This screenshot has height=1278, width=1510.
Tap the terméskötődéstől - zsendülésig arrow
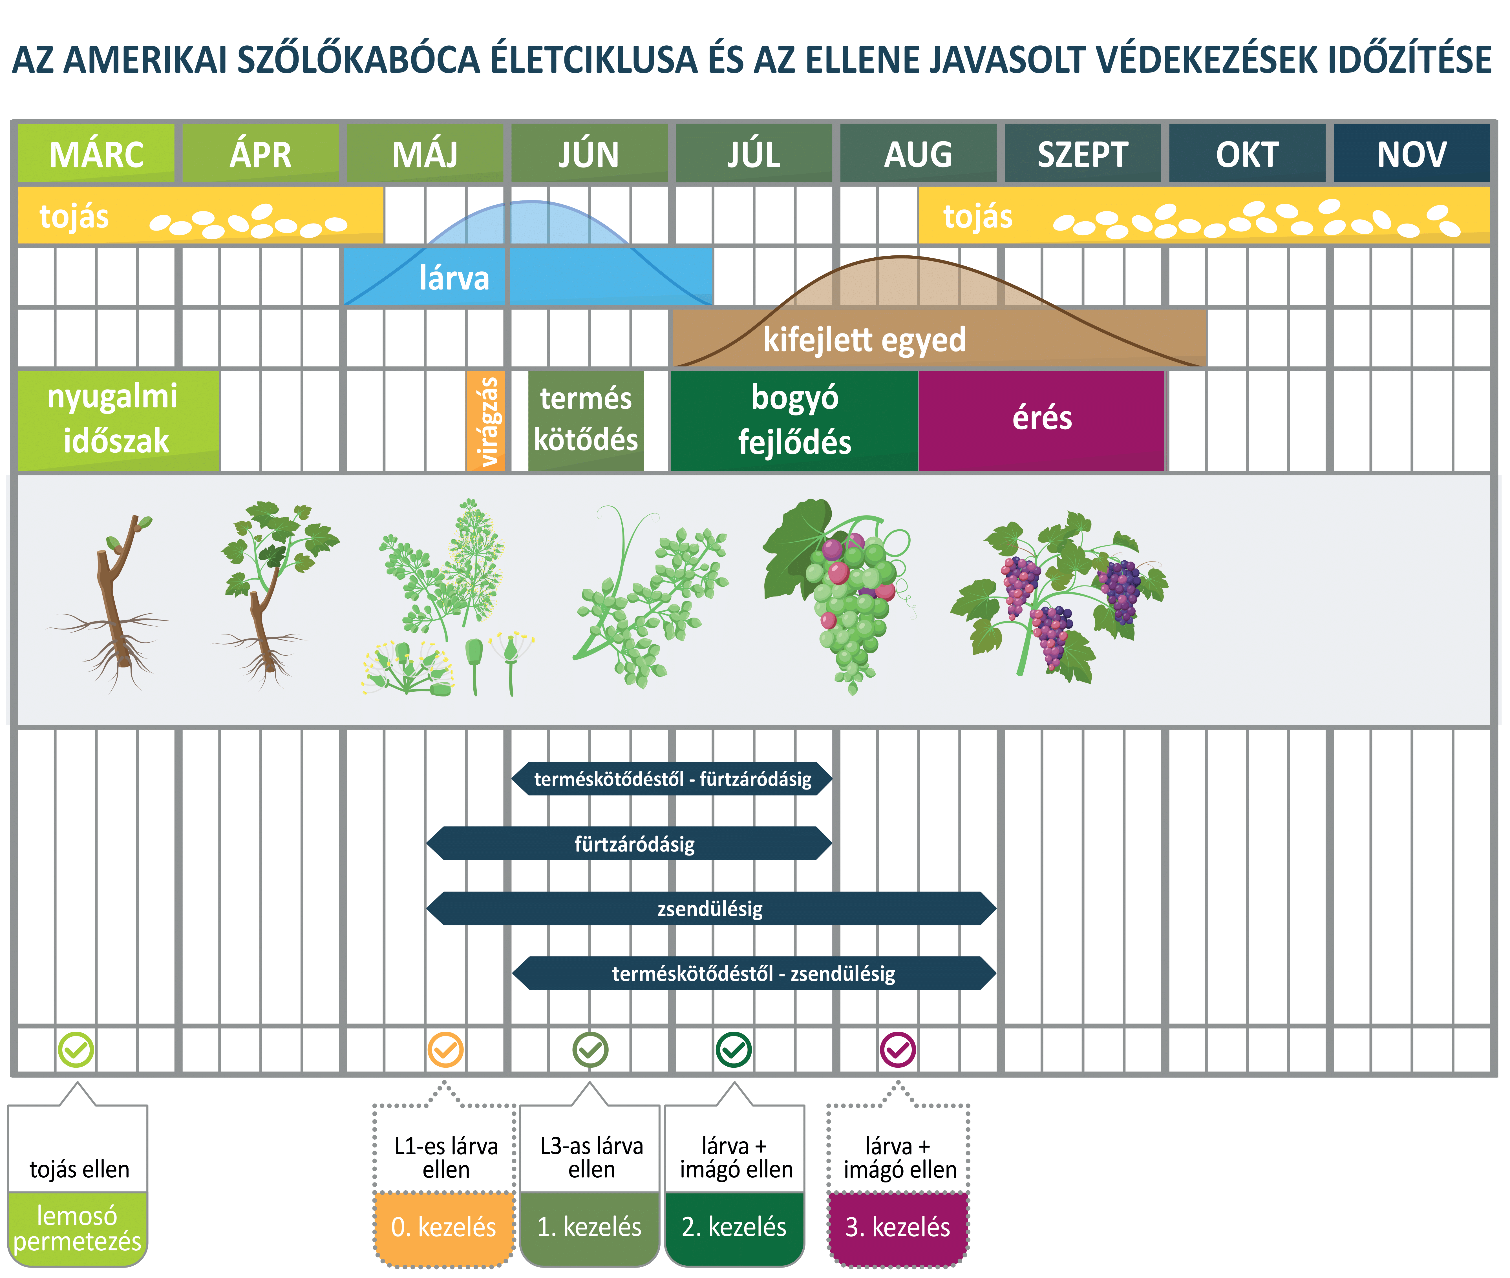(754, 973)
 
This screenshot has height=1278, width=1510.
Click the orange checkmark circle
(445, 1049)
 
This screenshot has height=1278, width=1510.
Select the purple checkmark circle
(898, 1049)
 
